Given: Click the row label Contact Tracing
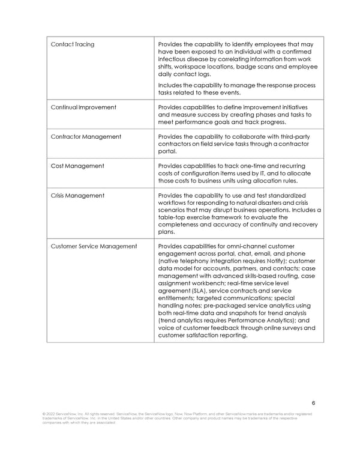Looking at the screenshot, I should (x=73, y=44).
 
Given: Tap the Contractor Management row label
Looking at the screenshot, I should (x=86, y=136).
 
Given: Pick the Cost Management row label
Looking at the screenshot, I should (x=77, y=166).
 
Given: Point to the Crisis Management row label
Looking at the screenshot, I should (x=78, y=195).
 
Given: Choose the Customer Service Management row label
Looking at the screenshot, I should (x=94, y=246).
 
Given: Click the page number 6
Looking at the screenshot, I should (x=313, y=403).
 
